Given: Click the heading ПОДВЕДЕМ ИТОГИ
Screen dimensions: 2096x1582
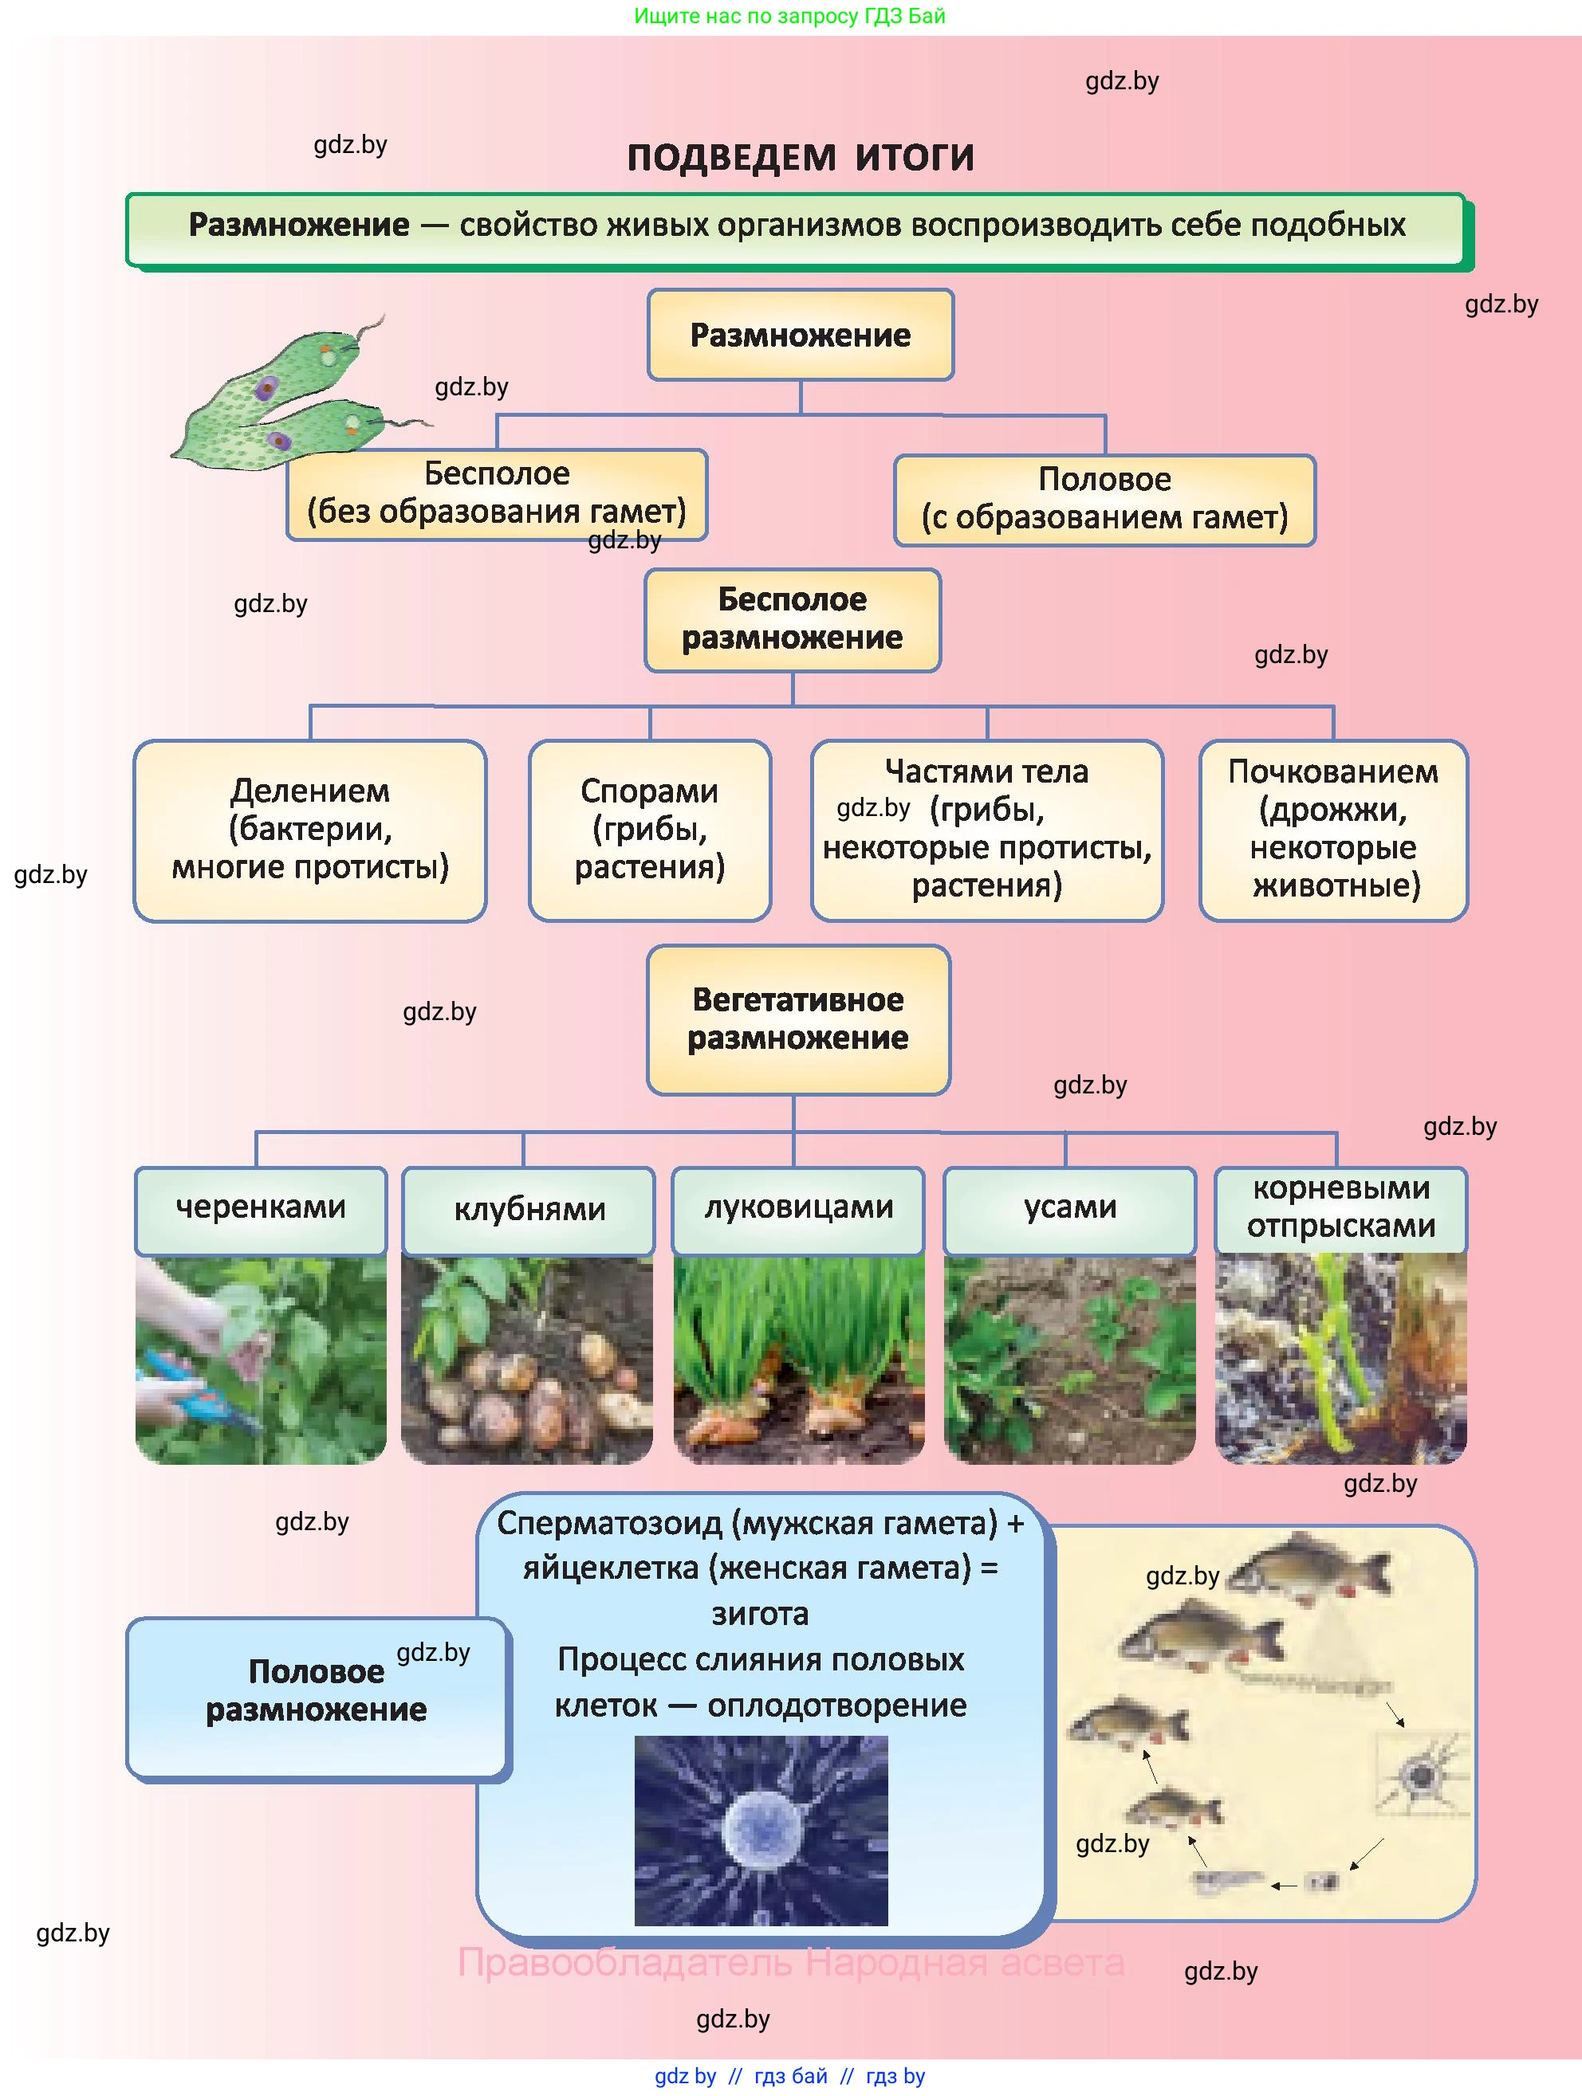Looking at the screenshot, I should point(800,157).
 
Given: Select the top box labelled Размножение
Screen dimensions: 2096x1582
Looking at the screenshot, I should point(800,335).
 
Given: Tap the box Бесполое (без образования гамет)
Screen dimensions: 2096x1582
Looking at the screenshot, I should point(497,493).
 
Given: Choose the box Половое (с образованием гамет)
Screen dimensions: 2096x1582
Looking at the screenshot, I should point(1104,500).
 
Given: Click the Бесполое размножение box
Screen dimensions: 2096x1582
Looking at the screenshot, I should point(793,620).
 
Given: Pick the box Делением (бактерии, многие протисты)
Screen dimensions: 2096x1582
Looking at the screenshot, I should point(310,830).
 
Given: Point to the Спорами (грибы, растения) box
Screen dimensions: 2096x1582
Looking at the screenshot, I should point(649,830).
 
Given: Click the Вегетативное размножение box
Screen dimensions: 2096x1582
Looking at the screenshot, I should point(798,1019).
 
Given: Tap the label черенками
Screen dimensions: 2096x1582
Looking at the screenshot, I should point(261,1208).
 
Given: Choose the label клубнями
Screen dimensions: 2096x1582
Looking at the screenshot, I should point(529,1210).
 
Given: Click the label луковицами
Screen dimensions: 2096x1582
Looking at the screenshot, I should point(798,1208).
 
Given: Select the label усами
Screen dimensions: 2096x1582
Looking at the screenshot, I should point(1070,1208).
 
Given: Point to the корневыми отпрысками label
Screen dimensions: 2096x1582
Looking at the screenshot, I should point(1340,1208).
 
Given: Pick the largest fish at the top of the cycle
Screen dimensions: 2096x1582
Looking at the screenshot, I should point(1312,1569).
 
